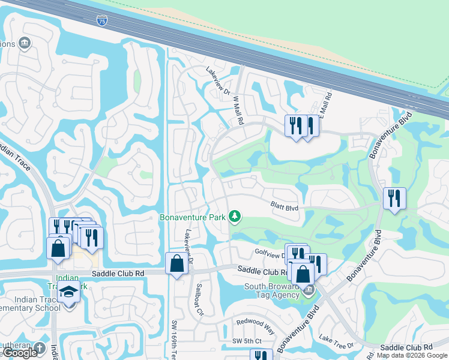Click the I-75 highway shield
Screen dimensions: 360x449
[101, 20]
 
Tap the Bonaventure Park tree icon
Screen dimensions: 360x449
[235, 216]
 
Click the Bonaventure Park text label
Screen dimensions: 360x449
[193, 217]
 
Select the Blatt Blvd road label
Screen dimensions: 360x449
[284, 208]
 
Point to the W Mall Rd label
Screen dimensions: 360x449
[239, 110]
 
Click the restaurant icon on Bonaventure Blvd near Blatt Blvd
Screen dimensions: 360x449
[394, 198]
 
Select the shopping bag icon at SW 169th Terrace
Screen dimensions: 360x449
[176, 264]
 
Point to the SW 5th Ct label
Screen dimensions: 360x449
[247, 341]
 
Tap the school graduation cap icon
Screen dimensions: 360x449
[69, 292]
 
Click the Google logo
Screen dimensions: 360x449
[20, 353]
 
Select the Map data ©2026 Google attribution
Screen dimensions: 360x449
[412, 355]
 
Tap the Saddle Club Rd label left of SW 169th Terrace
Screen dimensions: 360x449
[118, 273]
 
